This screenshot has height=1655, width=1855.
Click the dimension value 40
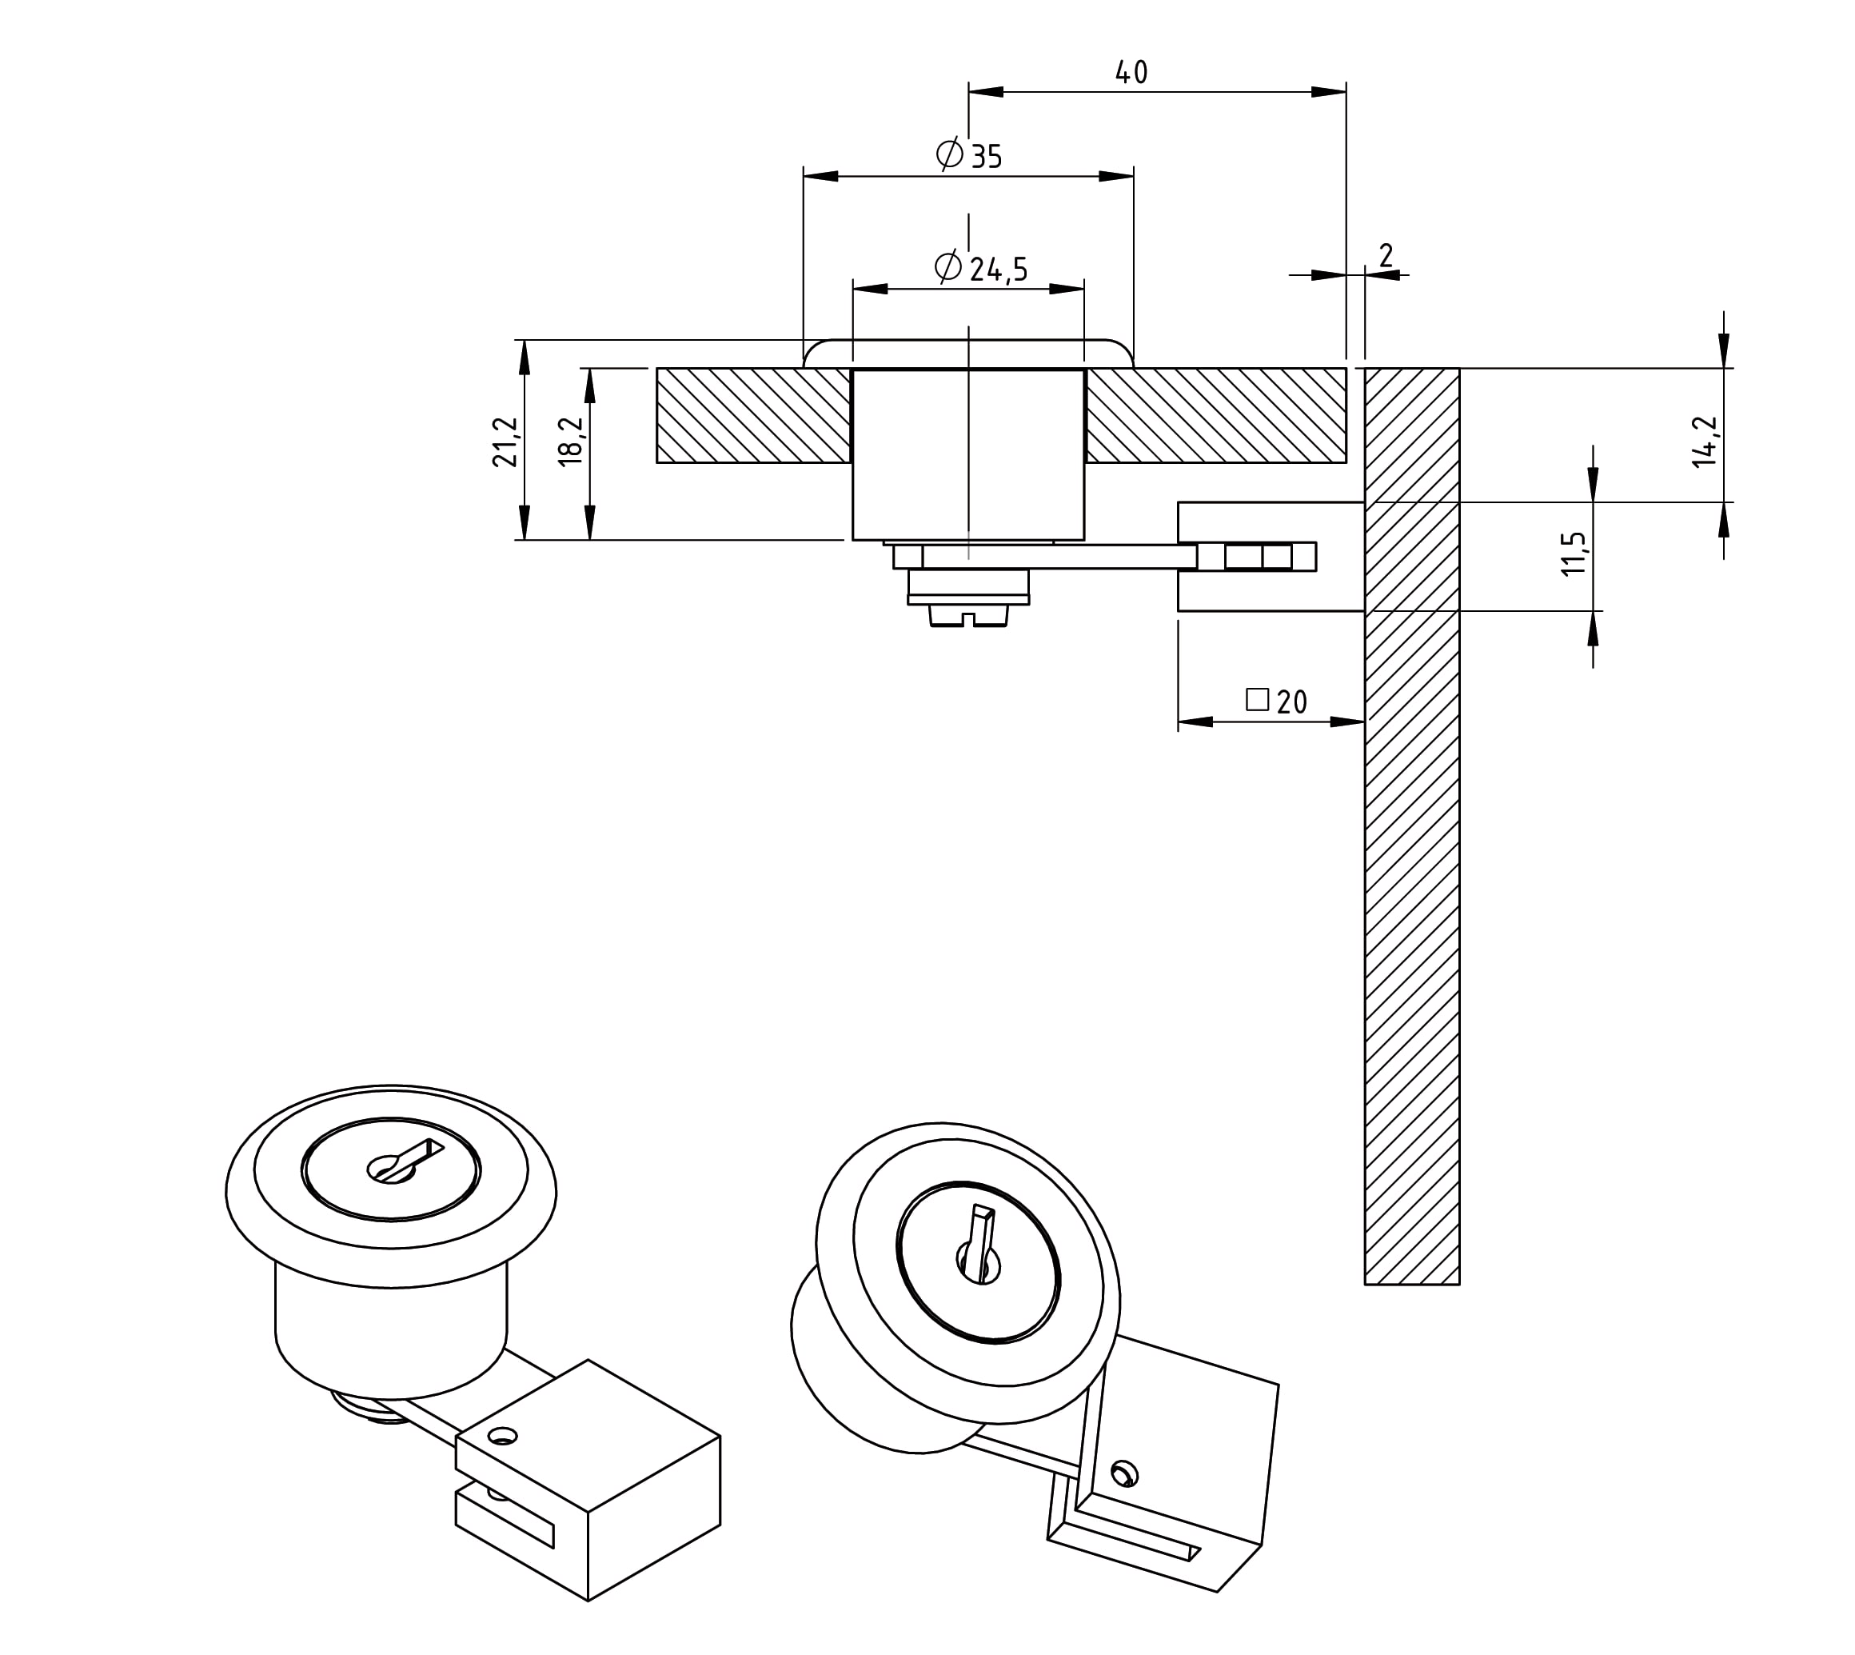click(x=1131, y=72)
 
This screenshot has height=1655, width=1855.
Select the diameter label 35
click(x=986, y=157)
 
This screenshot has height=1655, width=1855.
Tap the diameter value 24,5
click(x=998, y=268)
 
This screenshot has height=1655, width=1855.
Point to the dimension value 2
click(x=1385, y=255)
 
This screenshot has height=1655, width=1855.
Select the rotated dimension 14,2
click(x=1704, y=441)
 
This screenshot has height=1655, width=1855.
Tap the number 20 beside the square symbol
click(x=1291, y=701)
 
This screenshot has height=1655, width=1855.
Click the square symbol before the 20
click(x=1257, y=698)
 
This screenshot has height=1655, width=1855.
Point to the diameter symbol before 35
click(x=950, y=154)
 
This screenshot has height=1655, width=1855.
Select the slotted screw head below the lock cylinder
click(x=969, y=617)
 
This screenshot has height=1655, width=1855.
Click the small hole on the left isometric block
click(x=501, y=1437)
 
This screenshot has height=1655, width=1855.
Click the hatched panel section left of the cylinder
click(x=753, y=416)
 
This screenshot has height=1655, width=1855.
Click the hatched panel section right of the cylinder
click(x=1215, y=416)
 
